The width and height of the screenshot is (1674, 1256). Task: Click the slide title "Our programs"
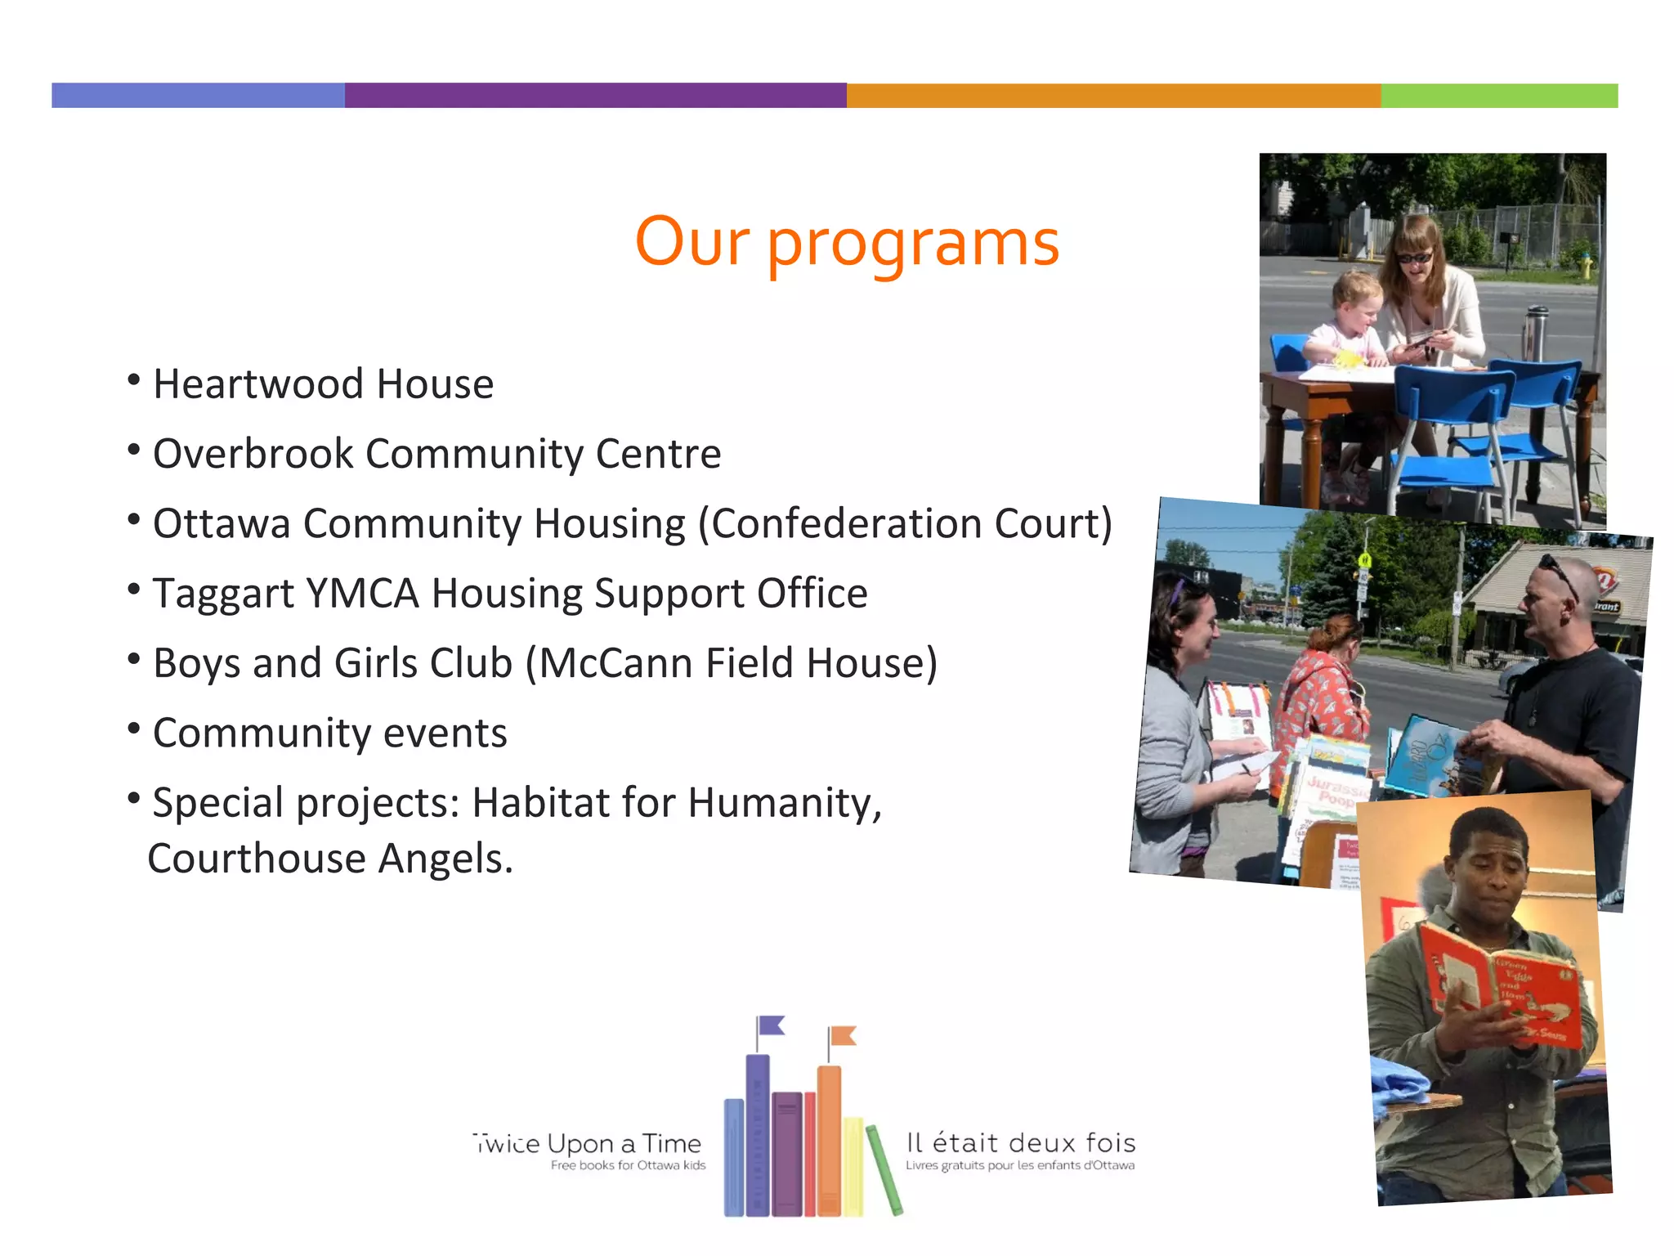(x=847, y=243)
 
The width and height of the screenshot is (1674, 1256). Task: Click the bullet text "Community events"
(x=329, y=733)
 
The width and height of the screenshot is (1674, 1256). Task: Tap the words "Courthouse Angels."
(x=330, y=859)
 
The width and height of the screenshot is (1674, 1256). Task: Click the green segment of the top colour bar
(x=1498, y=96)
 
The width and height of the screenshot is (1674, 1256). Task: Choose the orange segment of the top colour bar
(x=1113, y=96)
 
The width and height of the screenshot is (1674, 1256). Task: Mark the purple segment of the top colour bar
(x=595, y=96)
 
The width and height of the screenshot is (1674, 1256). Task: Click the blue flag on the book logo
(x=771, y=1025)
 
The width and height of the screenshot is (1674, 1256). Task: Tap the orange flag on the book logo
(x=843, y=1036)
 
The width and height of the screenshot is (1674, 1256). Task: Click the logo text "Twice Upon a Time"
(x=588, y=1143)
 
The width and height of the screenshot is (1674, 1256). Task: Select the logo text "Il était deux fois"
(x=1021, y=1142)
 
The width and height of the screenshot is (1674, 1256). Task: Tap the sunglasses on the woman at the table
(x=1413, y=258)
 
